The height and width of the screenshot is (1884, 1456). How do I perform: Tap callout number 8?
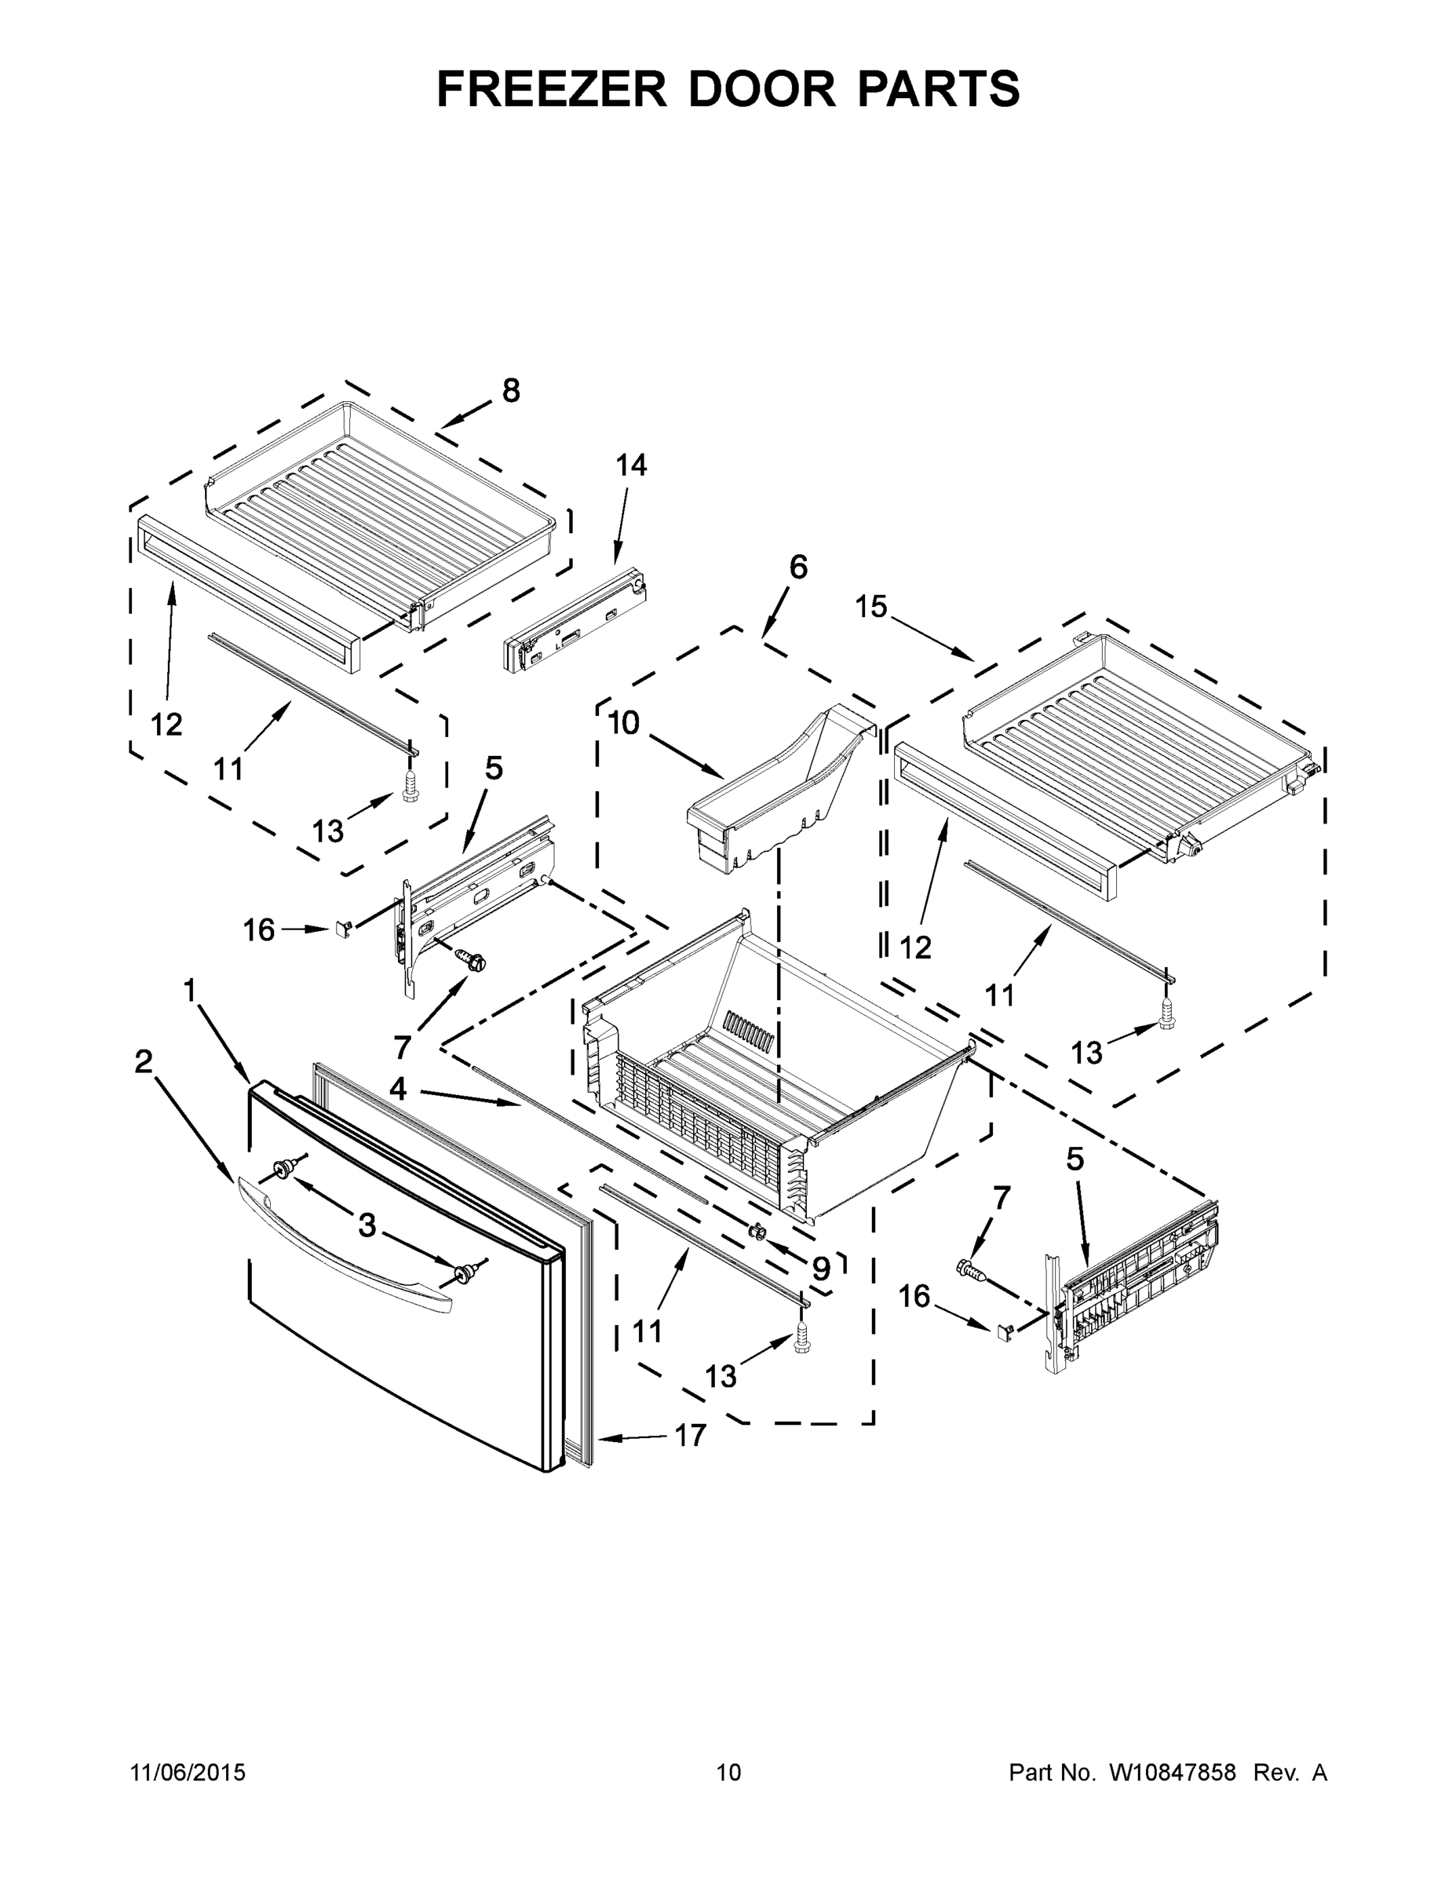pyautogui.click(x=512, y=391)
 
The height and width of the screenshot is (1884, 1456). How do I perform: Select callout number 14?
pyautogui.click(x=630, y=466)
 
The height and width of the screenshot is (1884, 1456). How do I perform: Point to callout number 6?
pyautogui.click(x=799, y=568)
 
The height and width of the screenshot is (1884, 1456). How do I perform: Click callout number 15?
pyautogui.click(x=871, y=607)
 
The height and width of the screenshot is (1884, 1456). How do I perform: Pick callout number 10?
pyautogui.click(x=624, y=723)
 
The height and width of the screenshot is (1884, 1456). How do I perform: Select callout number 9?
pyautogui.click(x=821, y=1269)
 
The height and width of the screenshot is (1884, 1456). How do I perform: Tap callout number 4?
pyautogui.click(x=398, y=1090)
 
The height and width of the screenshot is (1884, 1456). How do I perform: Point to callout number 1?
pyautogui.click(x=190, y=991)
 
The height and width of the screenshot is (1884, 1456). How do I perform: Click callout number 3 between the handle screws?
pyautogui.click(x=367, y=1225)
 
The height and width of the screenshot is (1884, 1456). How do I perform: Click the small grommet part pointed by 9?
pyautogui.click(x=759, y=1231)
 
